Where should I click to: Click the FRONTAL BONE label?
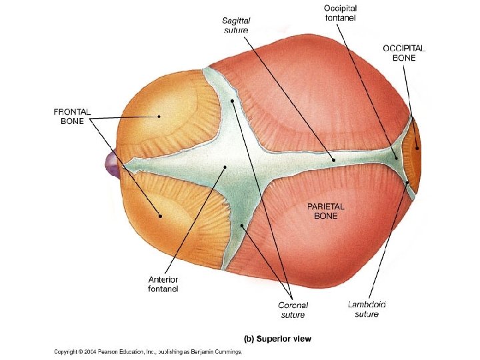71,116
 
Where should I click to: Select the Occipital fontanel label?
341,13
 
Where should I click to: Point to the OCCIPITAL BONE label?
404,53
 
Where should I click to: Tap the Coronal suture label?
292,309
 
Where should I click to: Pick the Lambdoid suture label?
367,309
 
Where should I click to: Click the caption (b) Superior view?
278,339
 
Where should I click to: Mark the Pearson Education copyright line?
147,351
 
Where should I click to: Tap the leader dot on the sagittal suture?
333,160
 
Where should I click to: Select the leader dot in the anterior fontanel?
225,167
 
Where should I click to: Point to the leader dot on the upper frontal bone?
159,116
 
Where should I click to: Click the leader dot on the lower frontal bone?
160,215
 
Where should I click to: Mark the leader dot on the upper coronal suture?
232,101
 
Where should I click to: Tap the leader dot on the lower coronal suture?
243,227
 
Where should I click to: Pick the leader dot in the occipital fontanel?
395,158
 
